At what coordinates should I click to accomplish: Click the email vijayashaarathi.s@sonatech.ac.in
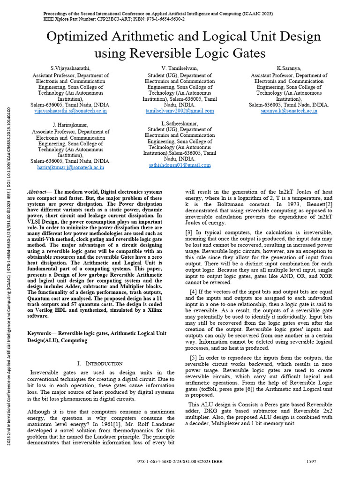(70, 111)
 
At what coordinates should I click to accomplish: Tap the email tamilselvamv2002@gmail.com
(180, 111)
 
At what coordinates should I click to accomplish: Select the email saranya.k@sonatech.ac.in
(289, 111)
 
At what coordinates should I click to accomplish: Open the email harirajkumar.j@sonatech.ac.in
(70, 167)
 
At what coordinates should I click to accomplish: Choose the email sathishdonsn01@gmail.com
(180, 165)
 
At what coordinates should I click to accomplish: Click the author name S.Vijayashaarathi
(70, 68)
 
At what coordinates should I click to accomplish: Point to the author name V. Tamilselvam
(180, 68)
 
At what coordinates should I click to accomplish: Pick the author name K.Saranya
(289, 68)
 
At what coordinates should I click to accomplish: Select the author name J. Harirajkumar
(70, 125)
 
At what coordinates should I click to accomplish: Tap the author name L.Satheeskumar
(180, 123)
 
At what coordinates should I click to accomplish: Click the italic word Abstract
(40, 193)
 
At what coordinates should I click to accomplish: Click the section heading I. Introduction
(99, 363)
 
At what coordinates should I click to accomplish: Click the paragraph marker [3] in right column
(189, 232)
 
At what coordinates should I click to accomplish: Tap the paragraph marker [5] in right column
(193, 358)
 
